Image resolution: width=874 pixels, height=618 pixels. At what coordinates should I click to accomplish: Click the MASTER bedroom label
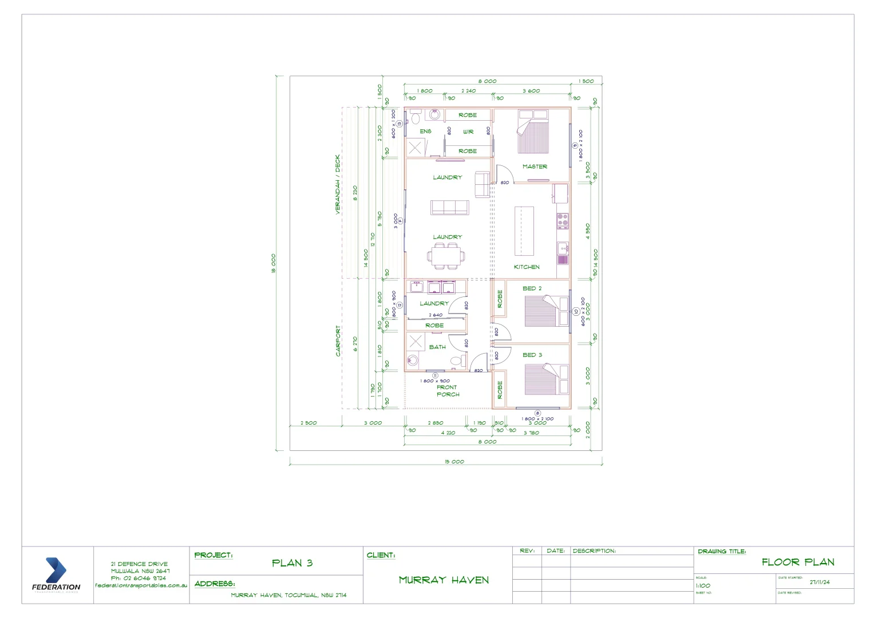[535, 167]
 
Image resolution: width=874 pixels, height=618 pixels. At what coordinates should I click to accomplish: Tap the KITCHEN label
[527, 267]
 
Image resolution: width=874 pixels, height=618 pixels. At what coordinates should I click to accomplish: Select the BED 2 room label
[532, 288]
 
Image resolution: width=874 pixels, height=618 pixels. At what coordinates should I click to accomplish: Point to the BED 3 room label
[532, 355]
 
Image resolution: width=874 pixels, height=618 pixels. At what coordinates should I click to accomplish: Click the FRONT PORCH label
[448, 391]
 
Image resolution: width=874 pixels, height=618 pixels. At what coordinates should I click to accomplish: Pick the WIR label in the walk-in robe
[468, 132]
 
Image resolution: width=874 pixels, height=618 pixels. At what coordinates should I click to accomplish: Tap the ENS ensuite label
[425, 132]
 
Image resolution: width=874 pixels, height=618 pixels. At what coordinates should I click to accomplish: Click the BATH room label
[437, 347]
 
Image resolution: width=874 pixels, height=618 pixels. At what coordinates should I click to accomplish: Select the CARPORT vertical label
[338, 341]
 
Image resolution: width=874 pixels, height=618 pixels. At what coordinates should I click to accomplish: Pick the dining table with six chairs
[448, 256]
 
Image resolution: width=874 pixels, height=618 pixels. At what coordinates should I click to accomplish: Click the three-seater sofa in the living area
[449, 208]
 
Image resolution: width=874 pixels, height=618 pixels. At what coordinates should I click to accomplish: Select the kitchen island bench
[524, 231]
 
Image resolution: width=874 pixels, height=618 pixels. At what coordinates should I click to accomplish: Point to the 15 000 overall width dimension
[454, 462]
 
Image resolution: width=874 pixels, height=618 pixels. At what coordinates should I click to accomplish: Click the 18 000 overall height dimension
[274, 263]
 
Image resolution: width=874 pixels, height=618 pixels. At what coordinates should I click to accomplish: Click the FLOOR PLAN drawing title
[798, 562]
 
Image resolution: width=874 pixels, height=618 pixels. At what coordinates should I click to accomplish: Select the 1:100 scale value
[703, 586]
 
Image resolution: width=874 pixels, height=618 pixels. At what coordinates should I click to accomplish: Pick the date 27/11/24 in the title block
[820, 583]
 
